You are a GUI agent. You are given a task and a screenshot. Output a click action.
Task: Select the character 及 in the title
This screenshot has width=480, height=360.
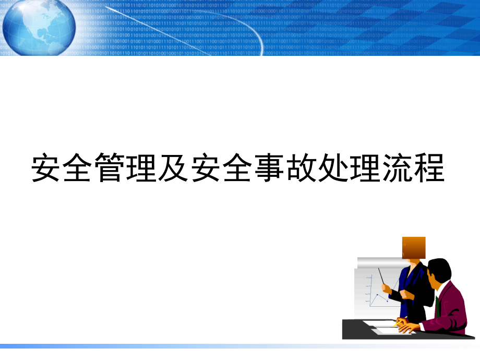click(x=174, y=167)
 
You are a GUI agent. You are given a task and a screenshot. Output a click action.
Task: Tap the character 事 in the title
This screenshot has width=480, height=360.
click(x=270, y=167)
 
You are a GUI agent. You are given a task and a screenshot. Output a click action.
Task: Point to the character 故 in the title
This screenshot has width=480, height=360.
click(x=302, y=167)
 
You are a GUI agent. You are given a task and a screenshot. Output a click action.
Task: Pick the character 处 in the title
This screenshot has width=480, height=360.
click(x=334, y=167)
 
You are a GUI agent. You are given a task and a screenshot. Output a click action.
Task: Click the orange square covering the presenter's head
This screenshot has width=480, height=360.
click(x=414, y=247)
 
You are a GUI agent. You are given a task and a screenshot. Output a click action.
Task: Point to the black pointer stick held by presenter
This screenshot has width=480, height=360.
click(x=382, y=276)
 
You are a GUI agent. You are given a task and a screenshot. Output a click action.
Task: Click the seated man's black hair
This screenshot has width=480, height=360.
click(x=439, y=269)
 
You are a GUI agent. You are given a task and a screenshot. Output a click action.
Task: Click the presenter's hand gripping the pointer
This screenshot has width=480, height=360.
click(x=387, y=287)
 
